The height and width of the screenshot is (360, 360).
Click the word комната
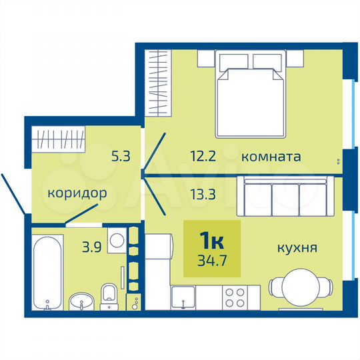point(271,157)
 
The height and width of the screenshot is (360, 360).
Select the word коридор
point(77,194)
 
